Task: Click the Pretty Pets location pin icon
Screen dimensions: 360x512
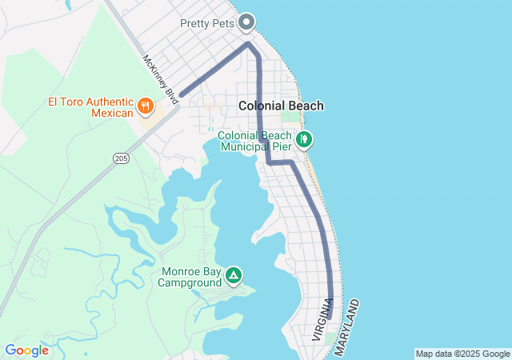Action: (x=247, y=22)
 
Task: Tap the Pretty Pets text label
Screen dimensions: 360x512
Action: (x=207, y=24)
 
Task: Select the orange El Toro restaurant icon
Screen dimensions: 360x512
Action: (x=145, y=105)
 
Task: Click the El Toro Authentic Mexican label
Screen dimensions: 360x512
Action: (x=90, y=107)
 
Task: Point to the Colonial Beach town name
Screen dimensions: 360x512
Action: (x=281, y=106)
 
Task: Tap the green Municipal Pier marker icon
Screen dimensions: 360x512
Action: (x=304, y=140)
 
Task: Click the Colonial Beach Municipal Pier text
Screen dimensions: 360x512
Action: (x=255, y=142)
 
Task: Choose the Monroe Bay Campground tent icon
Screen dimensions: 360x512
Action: (x=233, y=276)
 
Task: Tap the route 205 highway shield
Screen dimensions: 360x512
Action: (x=121, y=158)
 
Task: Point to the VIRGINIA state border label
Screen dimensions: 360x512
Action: (x=322, y=320)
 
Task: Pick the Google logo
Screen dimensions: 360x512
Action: (x=26, y=350)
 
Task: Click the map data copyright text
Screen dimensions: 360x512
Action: (x=462, y=354)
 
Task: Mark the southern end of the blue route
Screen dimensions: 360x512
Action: (x=329, y=318)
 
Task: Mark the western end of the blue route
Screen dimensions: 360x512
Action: (x=182, y=95)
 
